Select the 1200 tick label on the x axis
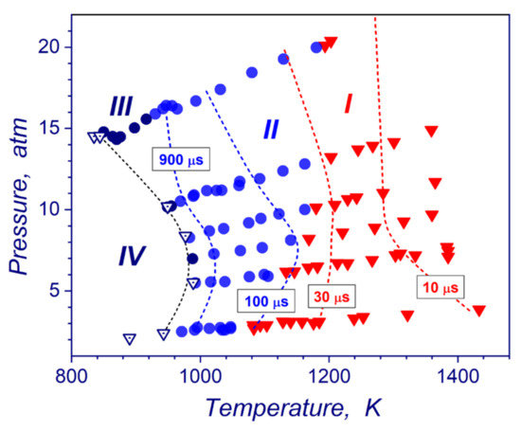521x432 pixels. [x=329, y=372]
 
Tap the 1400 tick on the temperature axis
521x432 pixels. [x=458, y=372]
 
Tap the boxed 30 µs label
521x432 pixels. [x=329, y=297]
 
